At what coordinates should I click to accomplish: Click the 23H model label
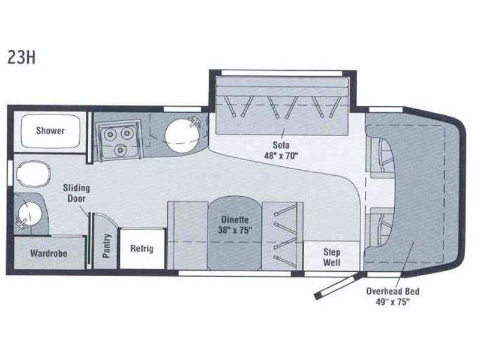tap(22, 57)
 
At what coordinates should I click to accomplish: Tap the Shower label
tap(50, 131)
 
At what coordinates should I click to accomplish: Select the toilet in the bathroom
tap(33, 174)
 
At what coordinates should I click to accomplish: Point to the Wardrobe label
tap(49, 253)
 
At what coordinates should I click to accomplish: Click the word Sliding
tap(76, 188)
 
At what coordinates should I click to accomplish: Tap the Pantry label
tap(106, 246)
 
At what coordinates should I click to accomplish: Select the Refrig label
tap(142, 248)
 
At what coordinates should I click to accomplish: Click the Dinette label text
tap(235, 220)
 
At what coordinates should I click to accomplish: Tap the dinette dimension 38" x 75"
tap(235, 230)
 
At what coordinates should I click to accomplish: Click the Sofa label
tap(281, 145)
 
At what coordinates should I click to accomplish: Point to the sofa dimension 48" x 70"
tap(281, 155)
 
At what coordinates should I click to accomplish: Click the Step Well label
tap(332, 257)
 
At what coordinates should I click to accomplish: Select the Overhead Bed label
tap(393, 291)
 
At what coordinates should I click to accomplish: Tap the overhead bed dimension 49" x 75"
tap(393, 302)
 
